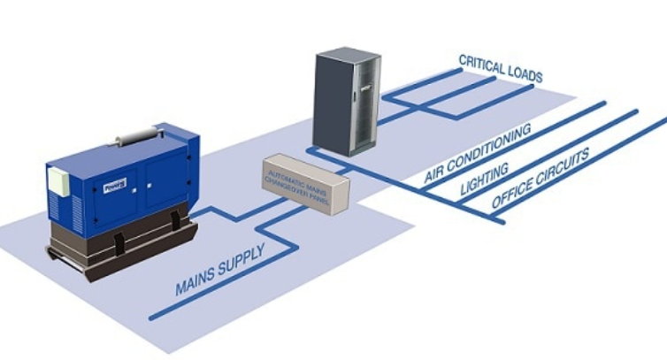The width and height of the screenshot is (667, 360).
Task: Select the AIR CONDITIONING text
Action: pos(478,154)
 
